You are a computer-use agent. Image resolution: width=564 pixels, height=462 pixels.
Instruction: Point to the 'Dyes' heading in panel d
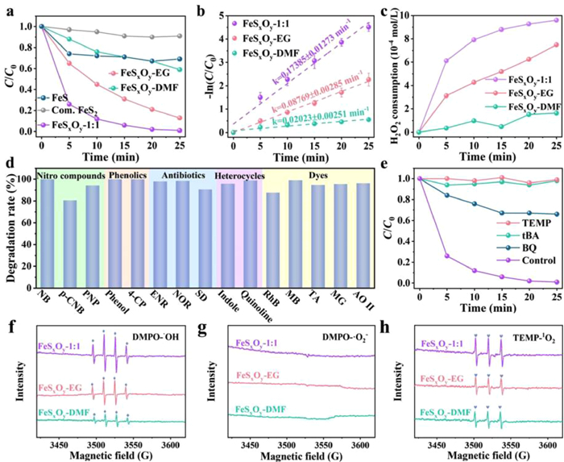(324, 176)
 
